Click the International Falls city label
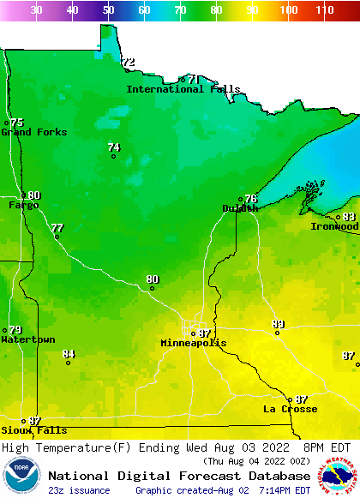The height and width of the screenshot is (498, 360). click(183, 89)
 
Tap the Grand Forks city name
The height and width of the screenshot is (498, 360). click(27, 132)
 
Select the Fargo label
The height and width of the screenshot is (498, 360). click(23, 205)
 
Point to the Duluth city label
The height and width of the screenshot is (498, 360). click(239, 208)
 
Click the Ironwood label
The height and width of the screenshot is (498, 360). click(334, 226)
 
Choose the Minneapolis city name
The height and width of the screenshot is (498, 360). click(194, 343)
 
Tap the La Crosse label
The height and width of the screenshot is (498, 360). click(290, 409)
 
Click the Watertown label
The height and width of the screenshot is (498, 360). click(27, 339)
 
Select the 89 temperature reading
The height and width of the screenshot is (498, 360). click(278, 324)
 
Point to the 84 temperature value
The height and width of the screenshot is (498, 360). click(69, 354)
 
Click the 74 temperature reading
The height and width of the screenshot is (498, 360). click(113, 147)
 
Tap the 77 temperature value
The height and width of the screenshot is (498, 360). click(57, 228)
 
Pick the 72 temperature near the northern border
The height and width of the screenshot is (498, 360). click(129, 63)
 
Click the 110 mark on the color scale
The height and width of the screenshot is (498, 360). click(323, 9)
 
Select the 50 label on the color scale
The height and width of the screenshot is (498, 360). click(108, 9)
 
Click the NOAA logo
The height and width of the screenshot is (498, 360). click(21, 477)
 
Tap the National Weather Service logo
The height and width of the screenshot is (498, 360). click(338, 477)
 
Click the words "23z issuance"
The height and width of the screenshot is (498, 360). click(79, 490)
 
